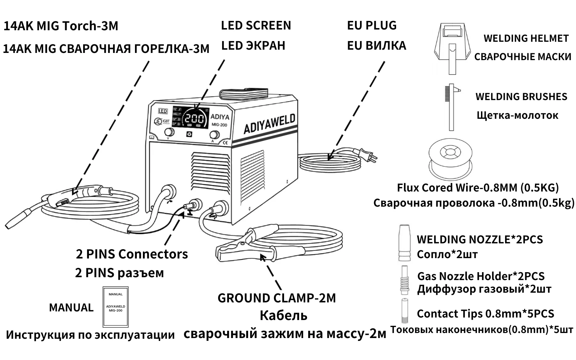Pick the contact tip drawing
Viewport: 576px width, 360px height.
tap(405, 310)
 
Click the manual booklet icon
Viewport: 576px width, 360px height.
tap(116, 307)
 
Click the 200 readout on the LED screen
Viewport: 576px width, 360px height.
tap(195, 119)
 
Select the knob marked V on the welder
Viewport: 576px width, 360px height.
tap(169, 132)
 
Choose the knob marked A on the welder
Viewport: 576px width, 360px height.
tap(214, 135)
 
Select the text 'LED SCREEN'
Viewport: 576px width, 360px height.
tap(256, 26)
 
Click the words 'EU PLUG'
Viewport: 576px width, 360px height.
tap(372, 26)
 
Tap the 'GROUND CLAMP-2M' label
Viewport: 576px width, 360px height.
tap(276, 298)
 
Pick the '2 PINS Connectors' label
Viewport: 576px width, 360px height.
tap(132, 254)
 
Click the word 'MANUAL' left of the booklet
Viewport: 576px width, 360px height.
tap(71, 307)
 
